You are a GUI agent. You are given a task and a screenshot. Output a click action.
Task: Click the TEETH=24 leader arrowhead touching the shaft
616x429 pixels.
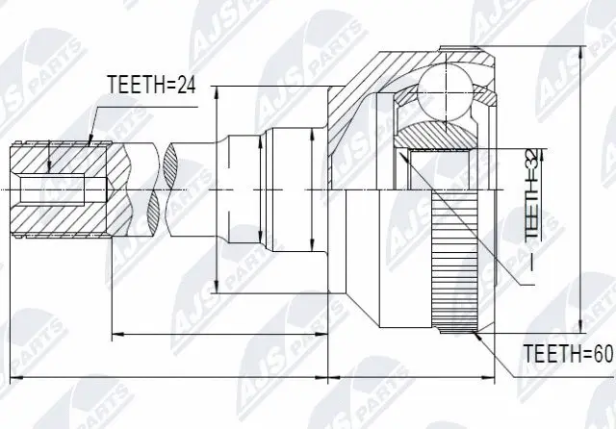point(90,141)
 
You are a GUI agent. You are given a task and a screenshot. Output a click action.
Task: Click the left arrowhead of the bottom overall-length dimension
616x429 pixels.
point(6,373)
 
